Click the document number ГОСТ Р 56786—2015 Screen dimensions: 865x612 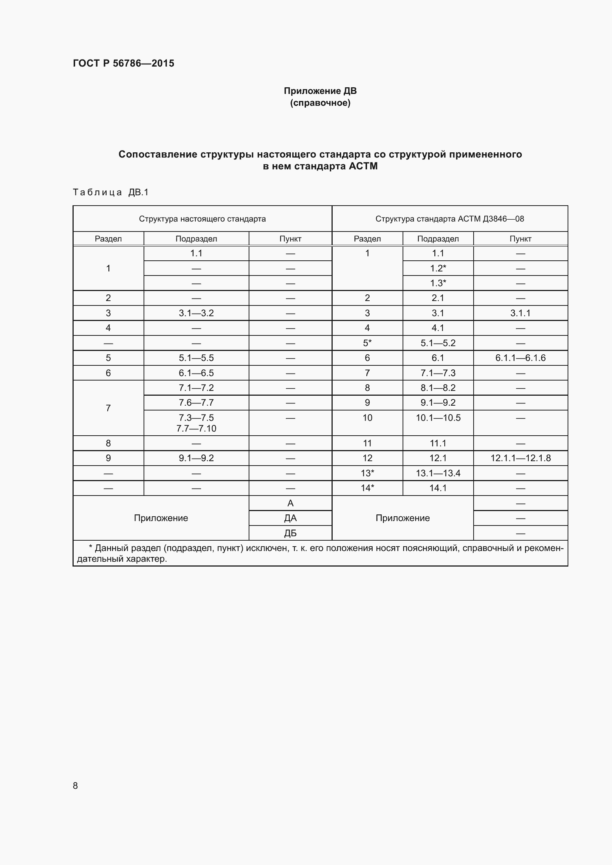[x=123, y=63]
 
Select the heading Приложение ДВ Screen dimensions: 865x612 [x=320, y=91]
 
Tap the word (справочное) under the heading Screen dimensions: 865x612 [x=320, y=103]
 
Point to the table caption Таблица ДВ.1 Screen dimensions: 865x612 [x=111, y=193]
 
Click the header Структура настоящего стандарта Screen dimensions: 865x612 [x=202, y=219]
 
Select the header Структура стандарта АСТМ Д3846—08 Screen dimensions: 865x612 [x=449, y=219]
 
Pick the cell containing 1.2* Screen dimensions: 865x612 [x=438, y=268]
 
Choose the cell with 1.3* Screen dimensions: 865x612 [x=438, y=283]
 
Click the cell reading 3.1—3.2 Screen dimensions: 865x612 [x=196, y=313]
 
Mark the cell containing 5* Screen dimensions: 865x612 [x=367, y=343]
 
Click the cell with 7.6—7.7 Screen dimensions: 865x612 [x=196, y=403]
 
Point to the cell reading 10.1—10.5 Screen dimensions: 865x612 [x=438, y=418]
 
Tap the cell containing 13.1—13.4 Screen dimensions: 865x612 [x=438, y=473]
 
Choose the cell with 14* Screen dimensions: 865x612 [x=367, y=488]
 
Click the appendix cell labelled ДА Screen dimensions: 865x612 [x=290, y=518]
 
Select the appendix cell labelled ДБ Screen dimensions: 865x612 [x=290, y=533]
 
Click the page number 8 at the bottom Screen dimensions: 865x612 [x=75, y=785]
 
